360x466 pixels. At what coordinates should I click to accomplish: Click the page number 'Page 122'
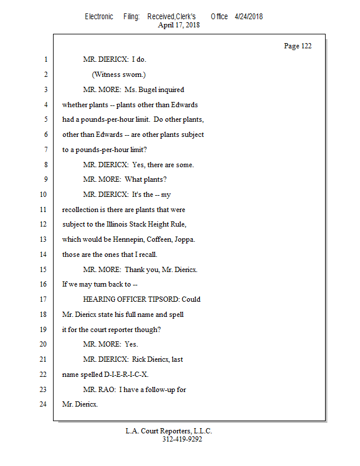coord(297,46)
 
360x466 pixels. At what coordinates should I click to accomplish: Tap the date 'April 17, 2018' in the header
coord(180,25)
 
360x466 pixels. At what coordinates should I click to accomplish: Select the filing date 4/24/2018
coord(249,16)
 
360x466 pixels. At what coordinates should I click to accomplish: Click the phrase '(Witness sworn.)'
coord(118,75)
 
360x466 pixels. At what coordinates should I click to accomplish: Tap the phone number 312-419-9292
coord(182,440)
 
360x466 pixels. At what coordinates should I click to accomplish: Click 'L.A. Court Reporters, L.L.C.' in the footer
coord(168,431)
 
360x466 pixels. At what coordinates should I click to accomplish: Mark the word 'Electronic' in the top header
coord(99,16)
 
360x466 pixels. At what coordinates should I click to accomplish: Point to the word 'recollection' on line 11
coord(80,209)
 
